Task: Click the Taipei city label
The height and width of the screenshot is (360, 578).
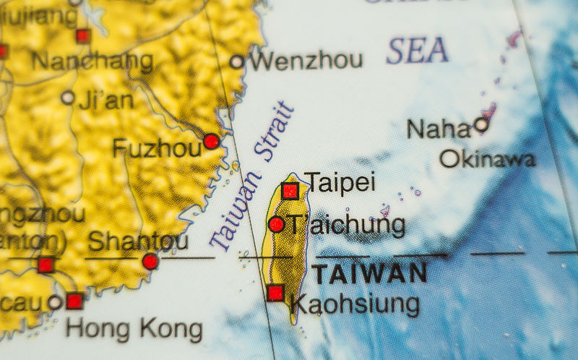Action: pos(340,182)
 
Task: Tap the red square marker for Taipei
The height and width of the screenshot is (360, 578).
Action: pos(290,190)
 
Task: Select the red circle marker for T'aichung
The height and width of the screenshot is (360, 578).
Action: pos(276,224)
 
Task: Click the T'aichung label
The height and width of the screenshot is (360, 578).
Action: pos(347,225)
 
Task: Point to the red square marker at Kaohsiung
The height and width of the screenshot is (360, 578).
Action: pos(275,293)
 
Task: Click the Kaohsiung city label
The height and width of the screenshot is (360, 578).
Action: pos(355,304)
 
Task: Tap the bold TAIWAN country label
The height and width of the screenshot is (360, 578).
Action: pos(369,273)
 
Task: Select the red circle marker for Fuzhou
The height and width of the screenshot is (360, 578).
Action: pos(211,141)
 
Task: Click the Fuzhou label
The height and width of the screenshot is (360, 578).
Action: pos(156,148)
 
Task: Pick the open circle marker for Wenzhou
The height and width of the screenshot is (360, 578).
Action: pos(237,61)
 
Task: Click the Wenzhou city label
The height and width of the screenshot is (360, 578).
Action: pos(306,60)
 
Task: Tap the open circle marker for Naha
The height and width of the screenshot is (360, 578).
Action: pos(481,124)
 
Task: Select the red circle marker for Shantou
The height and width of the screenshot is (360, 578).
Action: pos(150,261)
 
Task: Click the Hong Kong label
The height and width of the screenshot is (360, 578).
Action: pos(134,329)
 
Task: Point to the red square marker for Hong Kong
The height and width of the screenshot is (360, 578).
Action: pos(74,301)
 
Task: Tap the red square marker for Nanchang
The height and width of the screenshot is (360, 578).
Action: pos(83,35)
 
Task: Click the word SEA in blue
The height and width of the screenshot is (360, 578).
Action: pos(417,50)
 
